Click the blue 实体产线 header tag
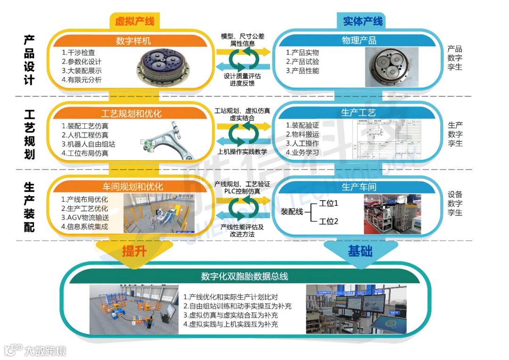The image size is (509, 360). tap(362, 21)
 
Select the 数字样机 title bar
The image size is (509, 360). tap(133, 41)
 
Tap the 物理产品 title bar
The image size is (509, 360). tap(359, 41)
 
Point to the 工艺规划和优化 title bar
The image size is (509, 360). tap(131, 114)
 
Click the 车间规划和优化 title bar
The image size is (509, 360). tap(133, 187)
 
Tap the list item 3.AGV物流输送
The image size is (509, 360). tap(85, 217)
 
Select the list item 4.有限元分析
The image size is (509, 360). tap(82, 80)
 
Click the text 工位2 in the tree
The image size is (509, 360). tap(329, 221)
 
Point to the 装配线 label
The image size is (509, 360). tap(291, 212)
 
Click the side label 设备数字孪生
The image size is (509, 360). tap(455, 204)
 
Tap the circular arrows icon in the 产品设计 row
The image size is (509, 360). tap(243, 63)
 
